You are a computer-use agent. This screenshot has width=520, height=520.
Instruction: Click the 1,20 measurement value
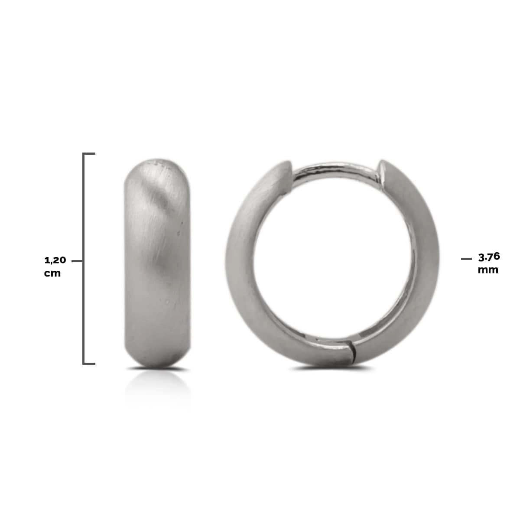coord(55,260)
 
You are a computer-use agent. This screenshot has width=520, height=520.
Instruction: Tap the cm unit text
coord(52,273)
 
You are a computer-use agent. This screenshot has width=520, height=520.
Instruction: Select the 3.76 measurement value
coord(489,257)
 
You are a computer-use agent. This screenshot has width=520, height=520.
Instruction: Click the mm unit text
coord(488,270)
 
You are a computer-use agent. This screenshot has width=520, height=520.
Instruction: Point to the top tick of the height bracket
coord(89,154)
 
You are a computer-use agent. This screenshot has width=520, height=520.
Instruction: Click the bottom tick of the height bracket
coord(89,364)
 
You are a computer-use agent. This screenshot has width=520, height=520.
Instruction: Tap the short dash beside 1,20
coord(77,261)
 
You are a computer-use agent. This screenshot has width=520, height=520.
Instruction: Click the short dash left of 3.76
coord(467,259)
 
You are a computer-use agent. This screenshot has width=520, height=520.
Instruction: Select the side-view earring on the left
coord(157,263)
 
